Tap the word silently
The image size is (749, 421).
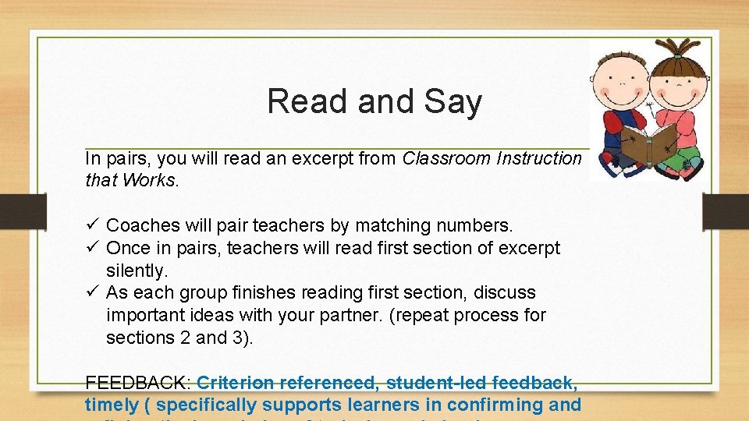[137, 271]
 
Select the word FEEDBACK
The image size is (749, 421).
[137, 383]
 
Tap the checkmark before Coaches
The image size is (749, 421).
[91, 225]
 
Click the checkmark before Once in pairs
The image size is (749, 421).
[91, 248]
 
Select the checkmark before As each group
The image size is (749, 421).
[91, 292]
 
